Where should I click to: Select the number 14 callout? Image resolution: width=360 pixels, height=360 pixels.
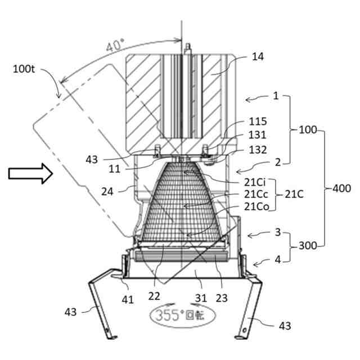[258, 56]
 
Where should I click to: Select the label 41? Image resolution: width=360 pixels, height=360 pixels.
[128, 300]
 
